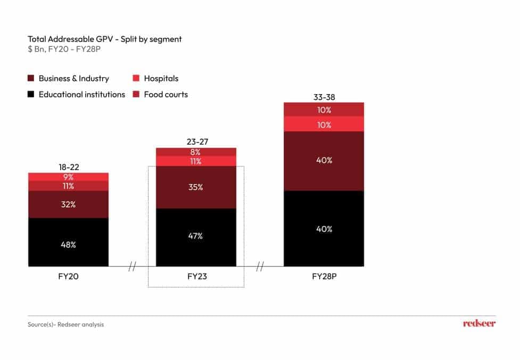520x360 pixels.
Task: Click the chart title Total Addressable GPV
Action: [104, 39]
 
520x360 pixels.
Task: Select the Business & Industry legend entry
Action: [73, 78]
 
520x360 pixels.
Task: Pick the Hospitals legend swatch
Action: [136, 79]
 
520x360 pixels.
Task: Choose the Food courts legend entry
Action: [166, 94]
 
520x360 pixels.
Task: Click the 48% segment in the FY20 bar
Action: [68, 245]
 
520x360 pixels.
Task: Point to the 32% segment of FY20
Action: [68, 204]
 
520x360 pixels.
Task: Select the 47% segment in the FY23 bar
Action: [196, 236]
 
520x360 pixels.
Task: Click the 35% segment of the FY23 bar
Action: [196, 187]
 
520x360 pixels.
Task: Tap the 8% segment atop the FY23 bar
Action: [196, 152]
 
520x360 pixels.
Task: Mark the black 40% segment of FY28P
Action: [324, 229]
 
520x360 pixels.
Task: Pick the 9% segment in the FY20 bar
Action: [68, 177]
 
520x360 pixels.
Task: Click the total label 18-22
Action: [69, 167]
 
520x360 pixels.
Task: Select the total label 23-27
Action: [196, 142]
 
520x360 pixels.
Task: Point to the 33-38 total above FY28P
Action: [324, 97]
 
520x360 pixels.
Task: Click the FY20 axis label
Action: [68, 277]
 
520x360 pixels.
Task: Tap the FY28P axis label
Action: [324, 277]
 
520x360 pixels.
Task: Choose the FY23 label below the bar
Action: [196, 277]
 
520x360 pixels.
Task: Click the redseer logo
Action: [478, 323]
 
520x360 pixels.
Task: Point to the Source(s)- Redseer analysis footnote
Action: [65, 324]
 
